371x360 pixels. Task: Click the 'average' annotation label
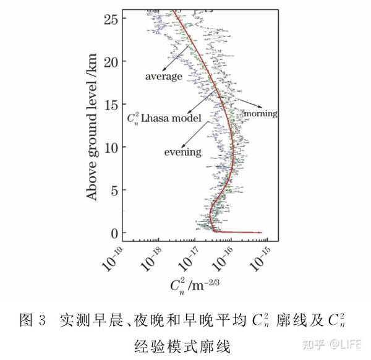[164, 77]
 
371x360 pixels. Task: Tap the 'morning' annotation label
[260, 114]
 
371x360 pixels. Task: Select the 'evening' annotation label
[183, 152]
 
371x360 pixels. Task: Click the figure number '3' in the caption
[42, 321]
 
